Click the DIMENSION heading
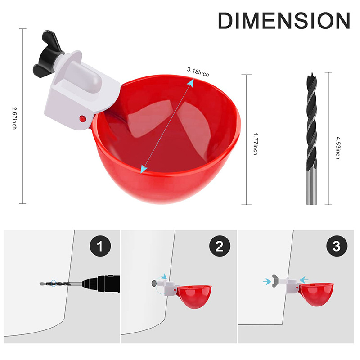[283, 20]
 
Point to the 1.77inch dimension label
[255, 144]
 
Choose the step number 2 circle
[220, 247]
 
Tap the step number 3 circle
[336, 247]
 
